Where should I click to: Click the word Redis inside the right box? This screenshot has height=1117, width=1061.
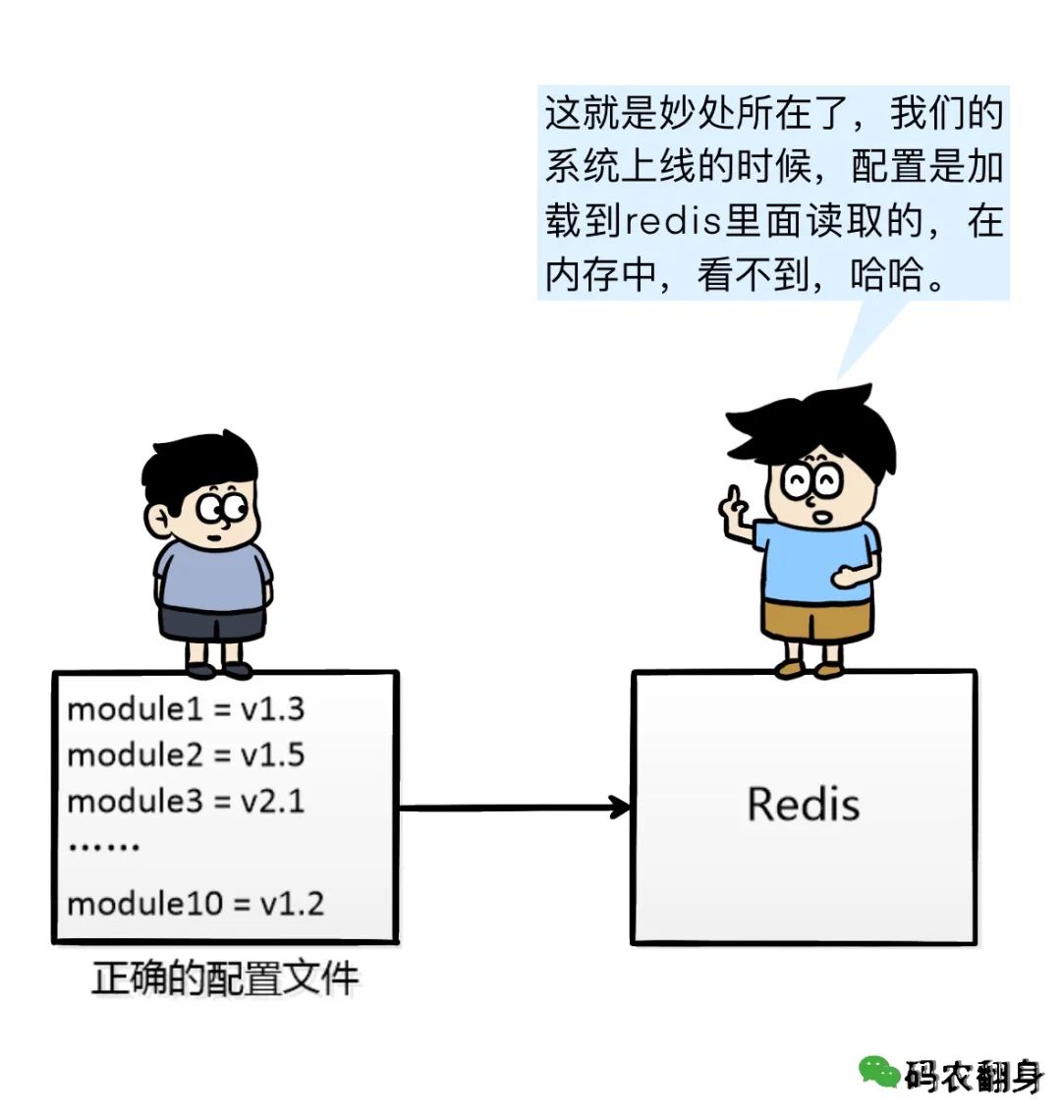tap(803, 805)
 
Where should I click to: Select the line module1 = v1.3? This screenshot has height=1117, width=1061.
tap(186, 709)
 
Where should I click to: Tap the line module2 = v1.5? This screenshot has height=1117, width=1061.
tap(186, 755)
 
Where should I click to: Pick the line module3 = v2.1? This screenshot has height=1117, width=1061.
tap(186, 802)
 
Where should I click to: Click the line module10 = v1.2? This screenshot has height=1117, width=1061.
tap(195, 904)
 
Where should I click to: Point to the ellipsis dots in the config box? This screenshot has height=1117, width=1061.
tap(103, 847)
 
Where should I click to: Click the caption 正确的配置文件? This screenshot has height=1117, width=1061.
tap(224, 978)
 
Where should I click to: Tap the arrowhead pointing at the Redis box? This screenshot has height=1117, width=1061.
tap(619, 808)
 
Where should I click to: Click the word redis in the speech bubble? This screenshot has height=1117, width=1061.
tap(674, 221)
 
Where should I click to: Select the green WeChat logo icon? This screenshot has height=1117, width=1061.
tap(879, 1072)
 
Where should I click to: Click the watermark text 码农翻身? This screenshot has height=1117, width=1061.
tap(975, 1075)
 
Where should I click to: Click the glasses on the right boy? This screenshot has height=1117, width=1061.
tap(811, 482)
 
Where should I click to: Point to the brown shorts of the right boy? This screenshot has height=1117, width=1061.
tap(816, 621)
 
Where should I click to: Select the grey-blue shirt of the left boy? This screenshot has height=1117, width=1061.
tap(212, 577)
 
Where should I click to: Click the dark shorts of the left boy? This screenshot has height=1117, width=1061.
tap(211, 624)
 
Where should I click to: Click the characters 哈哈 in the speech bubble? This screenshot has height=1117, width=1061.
tap(886, 275)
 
